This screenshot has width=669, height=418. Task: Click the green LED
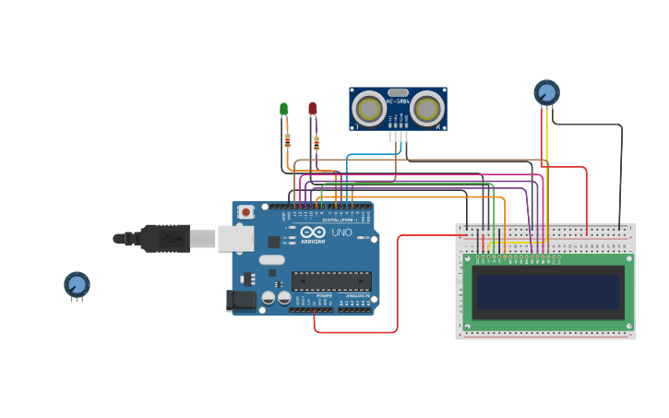tap(284, 109)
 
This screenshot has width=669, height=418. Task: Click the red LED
tap(313, 109)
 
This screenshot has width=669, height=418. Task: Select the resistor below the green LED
tap(288, 140)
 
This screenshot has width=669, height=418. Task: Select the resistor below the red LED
tap(317, 143)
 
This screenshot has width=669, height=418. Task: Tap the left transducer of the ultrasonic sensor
tap(370, 110)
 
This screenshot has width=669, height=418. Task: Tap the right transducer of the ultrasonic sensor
tap(426, 110)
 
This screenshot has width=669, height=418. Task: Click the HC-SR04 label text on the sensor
tap(398, 102)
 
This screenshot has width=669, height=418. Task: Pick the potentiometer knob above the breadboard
tap(546, 92)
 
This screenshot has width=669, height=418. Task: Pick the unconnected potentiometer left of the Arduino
tap(77, 284)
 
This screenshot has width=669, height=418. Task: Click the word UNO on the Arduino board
tap(340, 233)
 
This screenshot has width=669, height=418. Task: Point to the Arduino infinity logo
tap(313, 233)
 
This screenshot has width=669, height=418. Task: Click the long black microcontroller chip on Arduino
tap(331, 281)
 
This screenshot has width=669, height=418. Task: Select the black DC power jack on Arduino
tap(241, 300)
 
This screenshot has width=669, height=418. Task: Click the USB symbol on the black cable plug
tap(166, 238)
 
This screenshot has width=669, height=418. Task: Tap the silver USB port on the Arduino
tap(235, 238)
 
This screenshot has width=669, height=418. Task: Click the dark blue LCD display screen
tap(547, 292)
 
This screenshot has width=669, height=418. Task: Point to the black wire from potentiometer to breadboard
tap(621, 175)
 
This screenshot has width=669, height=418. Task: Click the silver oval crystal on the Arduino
tap(272, 260)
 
